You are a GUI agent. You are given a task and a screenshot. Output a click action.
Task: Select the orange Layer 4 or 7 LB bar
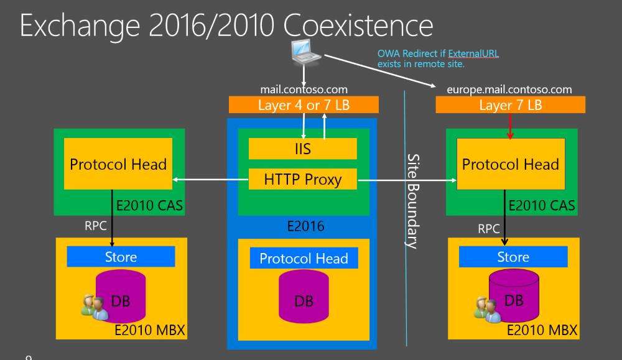coord(304,105)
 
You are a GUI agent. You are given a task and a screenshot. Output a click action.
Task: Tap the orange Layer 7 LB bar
coord(510,105)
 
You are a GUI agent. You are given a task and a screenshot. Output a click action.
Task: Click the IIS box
coord(303,149)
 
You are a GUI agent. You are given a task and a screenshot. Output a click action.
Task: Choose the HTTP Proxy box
coord(303,180)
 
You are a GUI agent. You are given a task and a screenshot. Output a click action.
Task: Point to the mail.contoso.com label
coord(304,90)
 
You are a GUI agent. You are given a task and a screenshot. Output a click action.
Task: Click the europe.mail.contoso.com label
coord(509,90)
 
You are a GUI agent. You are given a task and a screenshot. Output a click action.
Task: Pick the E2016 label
coord(305,226)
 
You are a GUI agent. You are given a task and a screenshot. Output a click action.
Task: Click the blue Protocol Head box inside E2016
coord(304,259)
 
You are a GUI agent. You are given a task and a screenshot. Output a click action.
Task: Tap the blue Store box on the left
coord(121,257)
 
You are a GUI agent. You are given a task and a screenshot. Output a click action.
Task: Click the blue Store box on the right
coord(513,257)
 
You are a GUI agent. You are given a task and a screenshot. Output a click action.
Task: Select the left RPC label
coord(96,226)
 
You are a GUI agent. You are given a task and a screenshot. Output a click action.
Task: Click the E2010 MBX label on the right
coord(542,330)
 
